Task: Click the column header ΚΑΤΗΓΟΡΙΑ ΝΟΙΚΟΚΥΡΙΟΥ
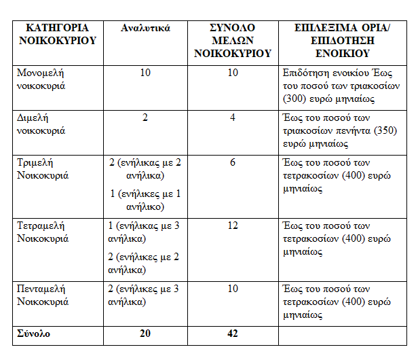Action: pos(56,34)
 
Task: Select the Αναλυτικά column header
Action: pos(145,29)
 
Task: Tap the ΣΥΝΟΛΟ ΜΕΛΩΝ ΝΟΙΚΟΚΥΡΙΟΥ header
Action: pos(233,40)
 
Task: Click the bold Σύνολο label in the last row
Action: pos(34,334)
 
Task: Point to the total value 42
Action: pos(233,334)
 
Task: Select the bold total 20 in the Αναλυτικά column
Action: pos(145,334)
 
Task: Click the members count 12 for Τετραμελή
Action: pos(233,225)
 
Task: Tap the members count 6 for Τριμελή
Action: pos(233,163)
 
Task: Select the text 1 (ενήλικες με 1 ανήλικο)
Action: pos(145,200)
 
